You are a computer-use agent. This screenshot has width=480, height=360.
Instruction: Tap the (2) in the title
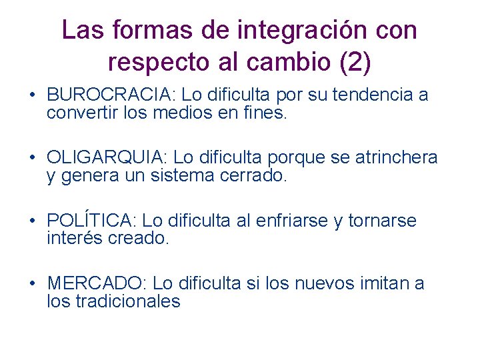(x=355, y=62)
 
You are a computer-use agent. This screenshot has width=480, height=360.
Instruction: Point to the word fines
(x=266, y=113)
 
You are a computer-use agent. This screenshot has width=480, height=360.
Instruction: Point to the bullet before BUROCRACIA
(x=33, y=95)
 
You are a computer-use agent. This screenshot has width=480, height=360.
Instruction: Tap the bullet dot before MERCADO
(x=33, y=283)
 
